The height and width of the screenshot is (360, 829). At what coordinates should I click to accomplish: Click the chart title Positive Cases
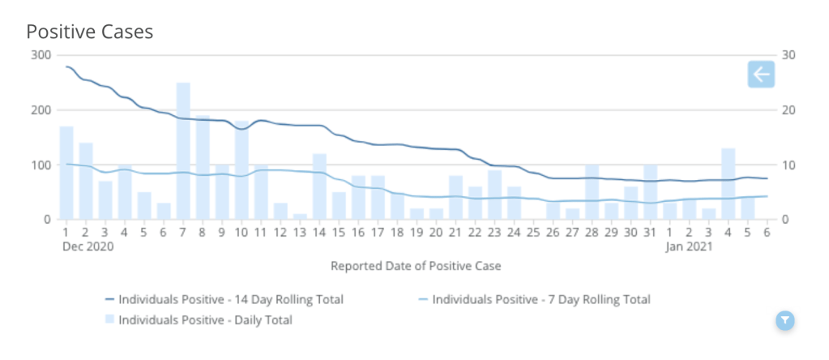(x=90, y=32)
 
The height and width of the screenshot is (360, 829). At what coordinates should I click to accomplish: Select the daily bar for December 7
(x=183, y=151)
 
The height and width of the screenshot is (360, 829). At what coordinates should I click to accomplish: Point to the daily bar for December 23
(x=494, y=195)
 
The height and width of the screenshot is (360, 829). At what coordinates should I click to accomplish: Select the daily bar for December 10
(x=241, y=170)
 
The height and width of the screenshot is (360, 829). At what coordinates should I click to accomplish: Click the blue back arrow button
(x=761, y=75)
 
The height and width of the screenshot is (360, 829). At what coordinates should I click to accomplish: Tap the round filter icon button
(x=784, y=320)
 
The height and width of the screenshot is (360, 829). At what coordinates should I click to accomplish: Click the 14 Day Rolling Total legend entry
(x=230, y=299)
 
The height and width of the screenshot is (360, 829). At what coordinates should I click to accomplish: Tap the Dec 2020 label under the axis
(x=88, y=247)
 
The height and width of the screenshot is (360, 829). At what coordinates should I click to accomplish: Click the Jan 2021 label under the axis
(x=689, y=247)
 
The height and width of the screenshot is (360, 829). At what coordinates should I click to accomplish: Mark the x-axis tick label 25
(x=533, y=234)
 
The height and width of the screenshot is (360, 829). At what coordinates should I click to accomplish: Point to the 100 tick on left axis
(x=41, y=165)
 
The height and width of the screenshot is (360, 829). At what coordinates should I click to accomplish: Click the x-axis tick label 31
(x=650, y=234)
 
